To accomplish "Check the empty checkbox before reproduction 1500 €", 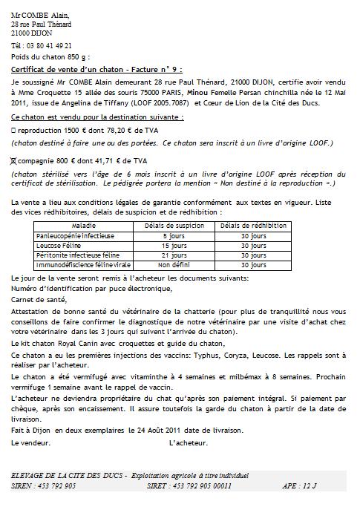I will pyautogui.click(x=14, y=128).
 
